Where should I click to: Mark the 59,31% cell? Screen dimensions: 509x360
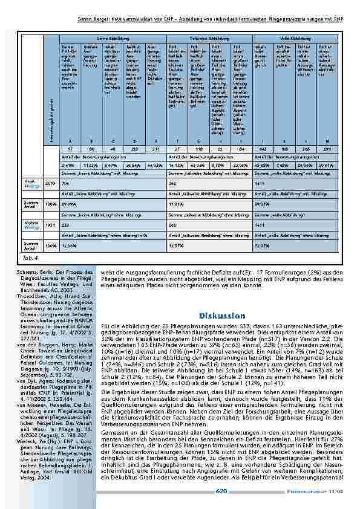coord(263,205)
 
